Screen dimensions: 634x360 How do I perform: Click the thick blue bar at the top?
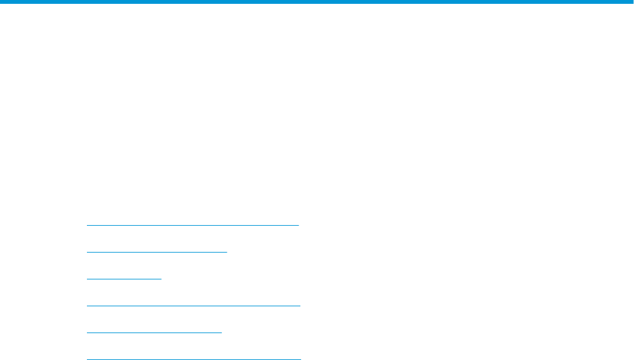coord(317,3)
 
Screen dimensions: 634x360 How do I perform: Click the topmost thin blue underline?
coord(192,225)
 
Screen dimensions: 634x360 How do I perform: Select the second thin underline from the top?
coord(157,252)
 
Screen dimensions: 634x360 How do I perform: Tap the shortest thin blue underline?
coord(124,279)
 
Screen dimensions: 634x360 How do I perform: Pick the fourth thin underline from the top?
coord(193,306)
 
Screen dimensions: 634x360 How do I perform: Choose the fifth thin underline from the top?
coord(154,333)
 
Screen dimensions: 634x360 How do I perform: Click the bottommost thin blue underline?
coord(193,359)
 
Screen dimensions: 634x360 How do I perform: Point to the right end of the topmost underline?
coord(298,225)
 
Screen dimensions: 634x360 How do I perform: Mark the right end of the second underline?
coord(227,252)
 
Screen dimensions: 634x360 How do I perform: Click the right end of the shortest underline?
coord(162,279)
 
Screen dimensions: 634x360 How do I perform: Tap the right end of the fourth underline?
coord(299,306)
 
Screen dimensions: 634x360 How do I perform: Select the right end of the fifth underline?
coord(221,333)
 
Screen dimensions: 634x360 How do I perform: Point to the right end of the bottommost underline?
coord(300,359)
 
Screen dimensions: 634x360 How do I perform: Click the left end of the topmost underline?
coord(87,225)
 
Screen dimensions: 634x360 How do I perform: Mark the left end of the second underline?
coord(87,252)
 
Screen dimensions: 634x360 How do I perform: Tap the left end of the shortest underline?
coord(87,279)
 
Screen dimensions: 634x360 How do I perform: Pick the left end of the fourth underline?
coord(87,306)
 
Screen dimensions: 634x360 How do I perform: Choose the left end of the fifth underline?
coord(87,333)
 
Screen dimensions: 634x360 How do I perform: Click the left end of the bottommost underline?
coord(87,359)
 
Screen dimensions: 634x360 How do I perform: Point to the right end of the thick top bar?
coord(632,3)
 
